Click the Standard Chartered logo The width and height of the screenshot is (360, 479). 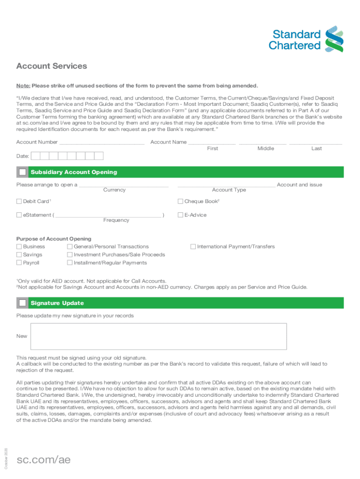click(x=306, y=39)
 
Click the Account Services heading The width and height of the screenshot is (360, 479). click(x=51, y=66)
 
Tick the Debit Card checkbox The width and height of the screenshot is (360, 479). click(x=19, y=202)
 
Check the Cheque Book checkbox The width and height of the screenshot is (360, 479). click(x=180, y=202)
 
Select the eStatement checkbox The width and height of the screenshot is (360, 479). click(x=19, y=215)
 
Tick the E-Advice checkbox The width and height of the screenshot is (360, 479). click(x=180, y=215)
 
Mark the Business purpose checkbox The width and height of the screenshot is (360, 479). click(x=19, y=247)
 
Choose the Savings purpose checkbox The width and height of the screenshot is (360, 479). click(x=19, y=254)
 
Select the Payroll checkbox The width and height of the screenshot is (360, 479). click(x=19, y=262)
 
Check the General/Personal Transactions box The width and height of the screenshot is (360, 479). click(x=70, y=247)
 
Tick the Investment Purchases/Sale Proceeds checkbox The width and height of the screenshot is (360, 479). click(x=70, y=254)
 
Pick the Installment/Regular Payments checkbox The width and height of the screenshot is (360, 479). click(x=70, y=262)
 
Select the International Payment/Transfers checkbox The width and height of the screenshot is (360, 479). click(x=193, y=247)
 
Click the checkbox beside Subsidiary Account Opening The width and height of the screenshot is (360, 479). click(x=22, y=172)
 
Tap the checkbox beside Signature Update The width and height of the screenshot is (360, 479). click(x=22, y=303)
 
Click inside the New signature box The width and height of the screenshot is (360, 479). click(x=158, y=336)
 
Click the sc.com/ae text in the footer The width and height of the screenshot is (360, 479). click(x=43, y=460)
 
